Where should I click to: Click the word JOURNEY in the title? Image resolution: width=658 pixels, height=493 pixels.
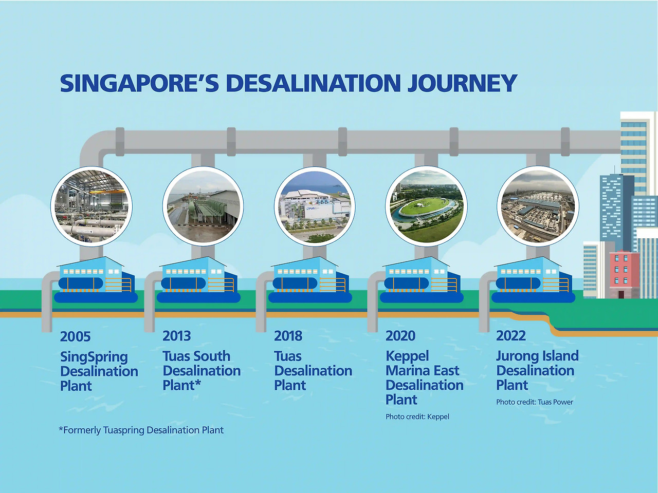coord(462,83)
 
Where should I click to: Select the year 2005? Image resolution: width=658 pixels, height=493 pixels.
coord(75,336)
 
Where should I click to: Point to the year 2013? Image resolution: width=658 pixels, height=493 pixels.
coord(176,336)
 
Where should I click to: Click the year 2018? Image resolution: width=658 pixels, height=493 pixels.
coord(288,336)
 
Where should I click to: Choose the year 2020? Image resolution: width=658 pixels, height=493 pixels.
coord(400,336)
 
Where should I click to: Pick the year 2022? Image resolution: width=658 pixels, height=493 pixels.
coord(511,335)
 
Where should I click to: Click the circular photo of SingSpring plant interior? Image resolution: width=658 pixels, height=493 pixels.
coord(92,206)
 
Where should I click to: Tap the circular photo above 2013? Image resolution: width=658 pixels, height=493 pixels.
coord(203,206)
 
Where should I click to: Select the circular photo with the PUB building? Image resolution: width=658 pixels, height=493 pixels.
coord(315,206)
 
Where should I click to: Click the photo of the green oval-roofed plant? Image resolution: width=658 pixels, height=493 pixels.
coord(426,206)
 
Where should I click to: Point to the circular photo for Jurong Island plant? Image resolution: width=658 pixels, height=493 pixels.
coord(538,206)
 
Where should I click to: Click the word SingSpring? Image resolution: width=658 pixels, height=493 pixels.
coord(94,357)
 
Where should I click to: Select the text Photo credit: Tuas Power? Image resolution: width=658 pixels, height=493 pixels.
coord(535,402)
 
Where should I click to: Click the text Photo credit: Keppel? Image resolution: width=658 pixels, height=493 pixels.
coord(417,416)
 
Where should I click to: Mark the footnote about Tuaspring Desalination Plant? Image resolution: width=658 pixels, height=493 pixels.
coord(141,430)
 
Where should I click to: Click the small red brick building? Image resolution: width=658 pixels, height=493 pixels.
coord(625,274)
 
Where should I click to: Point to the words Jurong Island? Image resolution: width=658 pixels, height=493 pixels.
coord(537,356)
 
